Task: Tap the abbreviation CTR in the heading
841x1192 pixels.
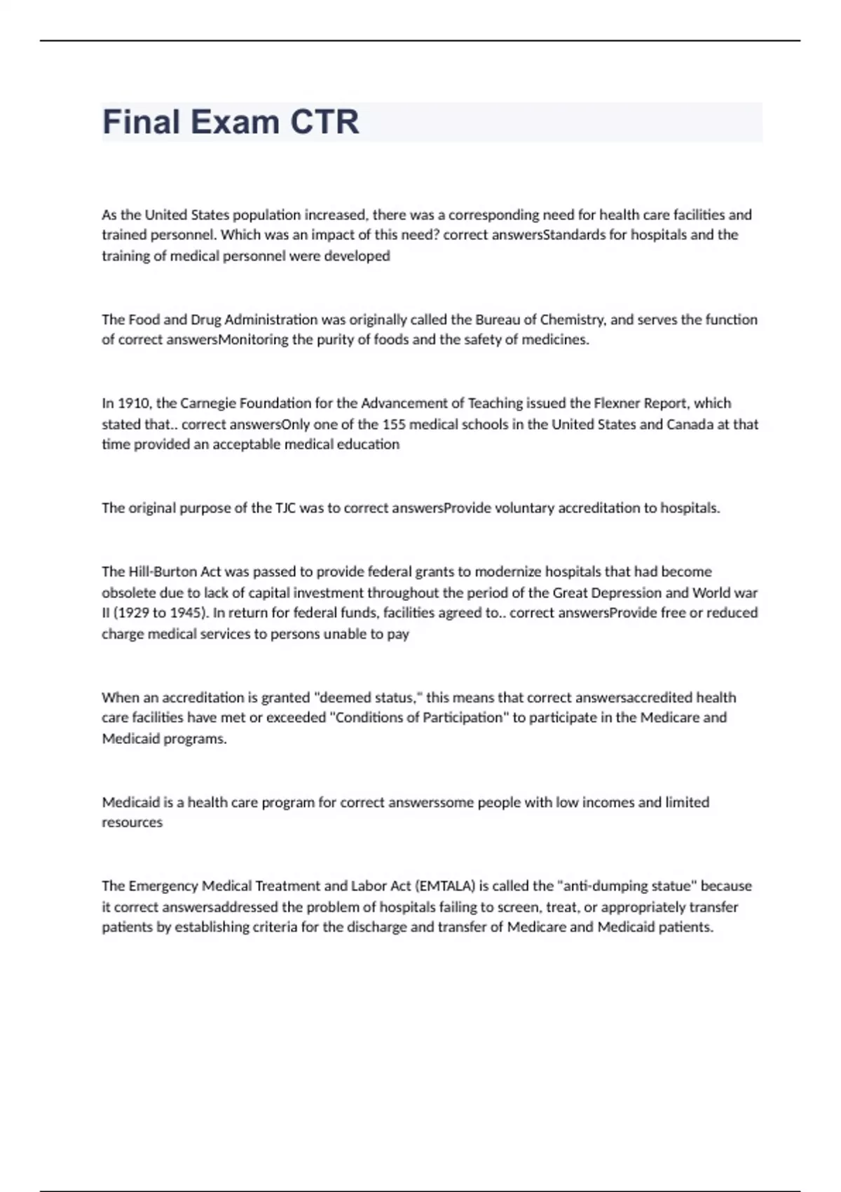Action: (324, 122)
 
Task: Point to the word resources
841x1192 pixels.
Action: (132, 822)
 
